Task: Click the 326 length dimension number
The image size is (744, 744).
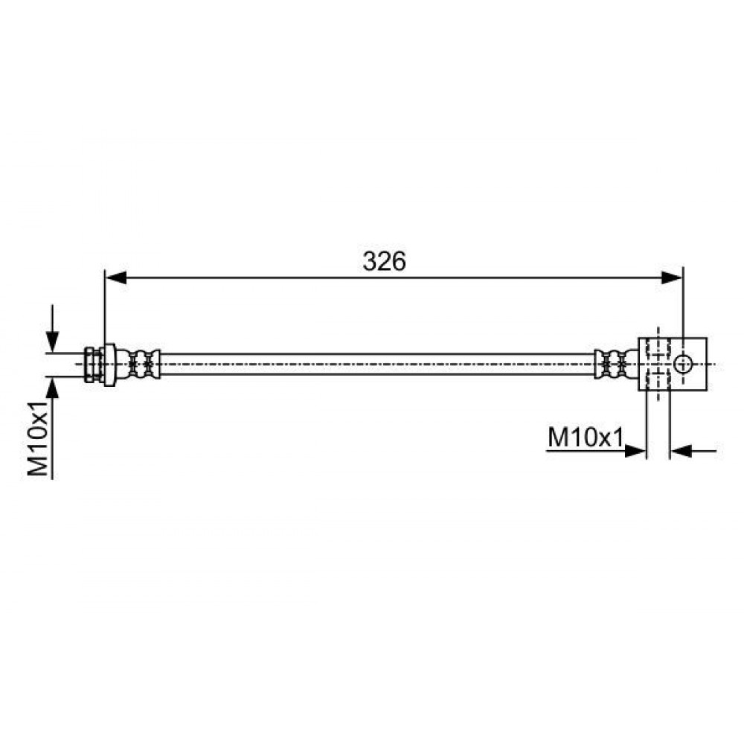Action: coord(384,261)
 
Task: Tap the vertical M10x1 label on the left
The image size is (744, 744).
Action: coord(39,438)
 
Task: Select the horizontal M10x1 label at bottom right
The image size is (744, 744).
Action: coord(586,437)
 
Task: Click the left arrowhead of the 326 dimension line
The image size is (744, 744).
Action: coord(116,278)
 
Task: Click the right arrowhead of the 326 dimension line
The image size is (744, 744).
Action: coord(671,278)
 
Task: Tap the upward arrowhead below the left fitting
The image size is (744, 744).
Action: coord(52,388)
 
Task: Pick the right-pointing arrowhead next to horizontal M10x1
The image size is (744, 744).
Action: coord(635,452)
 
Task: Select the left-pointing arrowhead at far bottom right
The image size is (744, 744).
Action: coord(681,452)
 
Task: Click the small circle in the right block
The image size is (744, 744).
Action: coord(683,365)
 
